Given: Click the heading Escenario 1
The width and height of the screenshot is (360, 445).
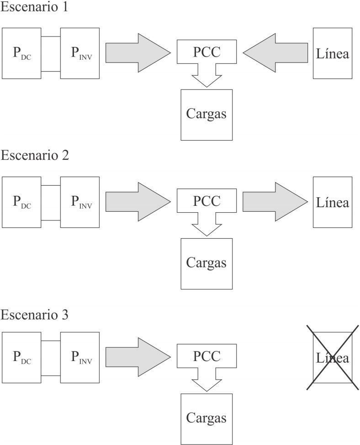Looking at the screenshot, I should click(34, 8).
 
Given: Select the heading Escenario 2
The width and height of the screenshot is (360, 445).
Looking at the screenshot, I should click(34, 155).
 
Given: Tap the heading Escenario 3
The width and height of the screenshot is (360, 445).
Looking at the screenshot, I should click(34, 315).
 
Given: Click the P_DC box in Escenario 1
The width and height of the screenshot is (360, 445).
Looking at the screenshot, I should click(21, 53).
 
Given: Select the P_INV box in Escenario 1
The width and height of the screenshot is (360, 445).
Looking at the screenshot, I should click(80, 53).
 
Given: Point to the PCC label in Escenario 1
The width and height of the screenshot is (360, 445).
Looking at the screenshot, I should click(206, 52).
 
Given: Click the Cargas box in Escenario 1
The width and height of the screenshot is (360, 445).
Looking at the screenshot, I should click(206, 115).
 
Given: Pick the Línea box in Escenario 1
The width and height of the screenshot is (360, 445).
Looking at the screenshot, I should click(332, 53).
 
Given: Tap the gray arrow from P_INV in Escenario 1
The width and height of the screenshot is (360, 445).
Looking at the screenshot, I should click(138, 53).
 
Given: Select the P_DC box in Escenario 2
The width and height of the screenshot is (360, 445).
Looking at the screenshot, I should click(21, 202).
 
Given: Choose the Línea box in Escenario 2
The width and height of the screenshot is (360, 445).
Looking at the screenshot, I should click(332, 202).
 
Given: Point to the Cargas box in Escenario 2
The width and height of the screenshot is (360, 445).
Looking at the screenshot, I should click(206, 263).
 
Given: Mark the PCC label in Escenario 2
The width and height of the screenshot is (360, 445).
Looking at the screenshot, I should click(206, 201).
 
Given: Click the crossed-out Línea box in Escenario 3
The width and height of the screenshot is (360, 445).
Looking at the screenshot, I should click(332, 358).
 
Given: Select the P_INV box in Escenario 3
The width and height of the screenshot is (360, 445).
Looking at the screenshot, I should click(80, 358).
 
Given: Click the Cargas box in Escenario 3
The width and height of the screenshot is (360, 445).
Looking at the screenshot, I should click(206, 419).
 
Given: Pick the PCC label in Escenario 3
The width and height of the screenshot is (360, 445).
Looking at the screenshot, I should click(206, 356).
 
